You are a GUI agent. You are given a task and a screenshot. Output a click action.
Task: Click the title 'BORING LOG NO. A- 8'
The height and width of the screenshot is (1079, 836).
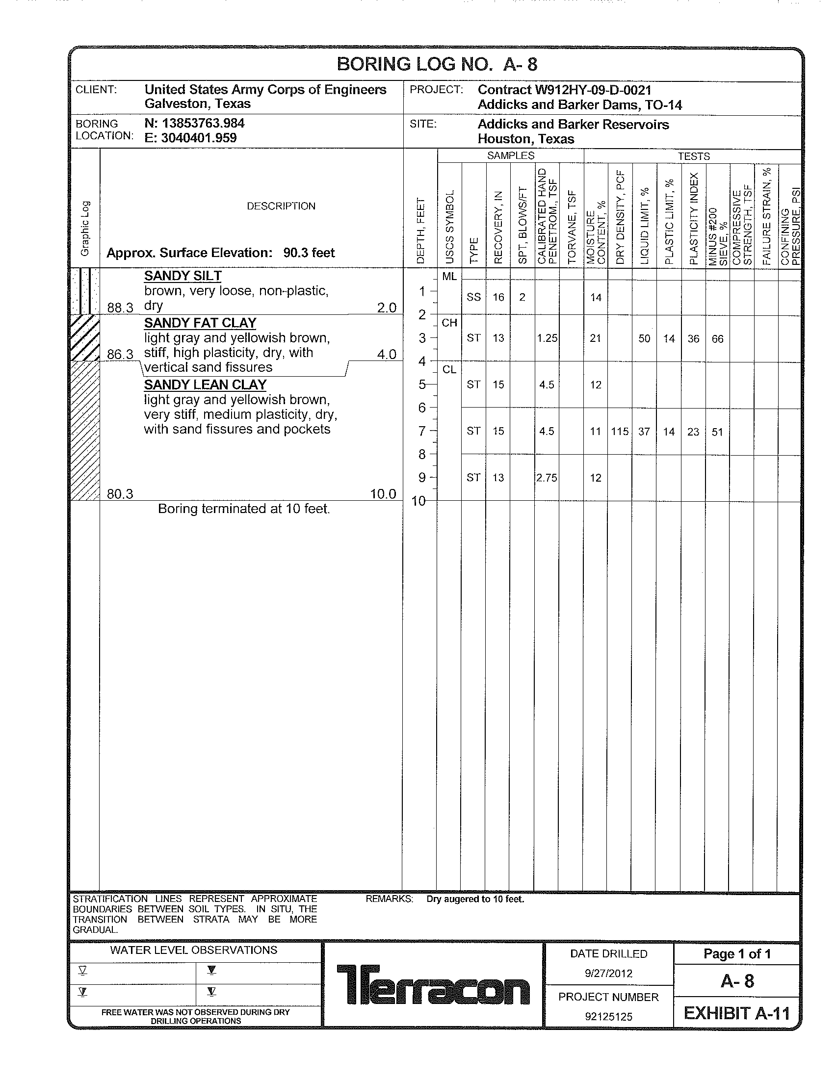[x=437, y=64]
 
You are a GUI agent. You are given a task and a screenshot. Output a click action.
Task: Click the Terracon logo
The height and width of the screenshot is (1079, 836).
[x=433, y=984]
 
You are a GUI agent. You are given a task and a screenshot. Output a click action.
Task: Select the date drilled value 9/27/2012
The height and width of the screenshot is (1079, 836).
[x=608, y=973]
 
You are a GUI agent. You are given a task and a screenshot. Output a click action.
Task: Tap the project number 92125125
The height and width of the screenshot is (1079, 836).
[x=608, y=1016]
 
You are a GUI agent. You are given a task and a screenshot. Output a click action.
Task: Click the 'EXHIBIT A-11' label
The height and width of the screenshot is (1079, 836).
[x=737, y=1013]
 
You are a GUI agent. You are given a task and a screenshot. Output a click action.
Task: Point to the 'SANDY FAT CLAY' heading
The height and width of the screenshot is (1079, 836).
[x=200, y=323]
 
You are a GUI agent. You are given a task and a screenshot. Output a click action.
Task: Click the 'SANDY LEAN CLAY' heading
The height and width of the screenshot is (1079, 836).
[x=205, y=385]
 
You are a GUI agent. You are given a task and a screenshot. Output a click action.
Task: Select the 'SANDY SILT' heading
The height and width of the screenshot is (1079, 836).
[x=183, y=276]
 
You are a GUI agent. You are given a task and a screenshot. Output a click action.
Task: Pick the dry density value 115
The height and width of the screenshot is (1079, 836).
[x=620, y=432]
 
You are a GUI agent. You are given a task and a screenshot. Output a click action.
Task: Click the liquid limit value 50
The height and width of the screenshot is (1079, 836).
[x=644, y=338]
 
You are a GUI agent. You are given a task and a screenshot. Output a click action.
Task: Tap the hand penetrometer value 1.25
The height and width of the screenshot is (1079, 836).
[x=547, y=338]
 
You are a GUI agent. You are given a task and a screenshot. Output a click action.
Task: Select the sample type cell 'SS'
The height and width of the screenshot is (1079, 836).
[x=473, y=297]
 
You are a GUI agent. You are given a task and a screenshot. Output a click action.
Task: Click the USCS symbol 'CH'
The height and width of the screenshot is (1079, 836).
[x=449, y=323]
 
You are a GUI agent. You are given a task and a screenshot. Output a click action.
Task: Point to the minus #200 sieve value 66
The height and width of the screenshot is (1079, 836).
[x=717, y=338]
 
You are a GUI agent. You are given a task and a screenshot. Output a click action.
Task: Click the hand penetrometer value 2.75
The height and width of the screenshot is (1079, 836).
[x=547, y=478]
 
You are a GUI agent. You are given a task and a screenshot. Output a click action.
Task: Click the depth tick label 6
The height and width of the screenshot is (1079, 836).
[x=421, y=408]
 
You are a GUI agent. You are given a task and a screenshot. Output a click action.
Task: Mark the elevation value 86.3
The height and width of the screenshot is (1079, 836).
[x=120, y=354]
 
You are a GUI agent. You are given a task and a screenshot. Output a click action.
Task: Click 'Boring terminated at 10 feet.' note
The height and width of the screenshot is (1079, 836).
[x=243, y=509]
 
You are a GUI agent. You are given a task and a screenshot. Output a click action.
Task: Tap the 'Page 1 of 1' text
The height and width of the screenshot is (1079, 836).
[x=737, y=954]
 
